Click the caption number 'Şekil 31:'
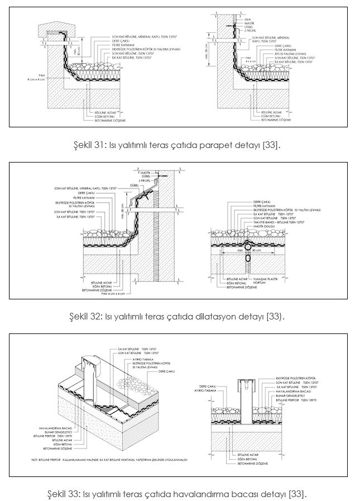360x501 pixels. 90,145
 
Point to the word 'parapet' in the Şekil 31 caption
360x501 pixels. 216,145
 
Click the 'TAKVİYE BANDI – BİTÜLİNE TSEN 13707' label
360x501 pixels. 278,222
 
